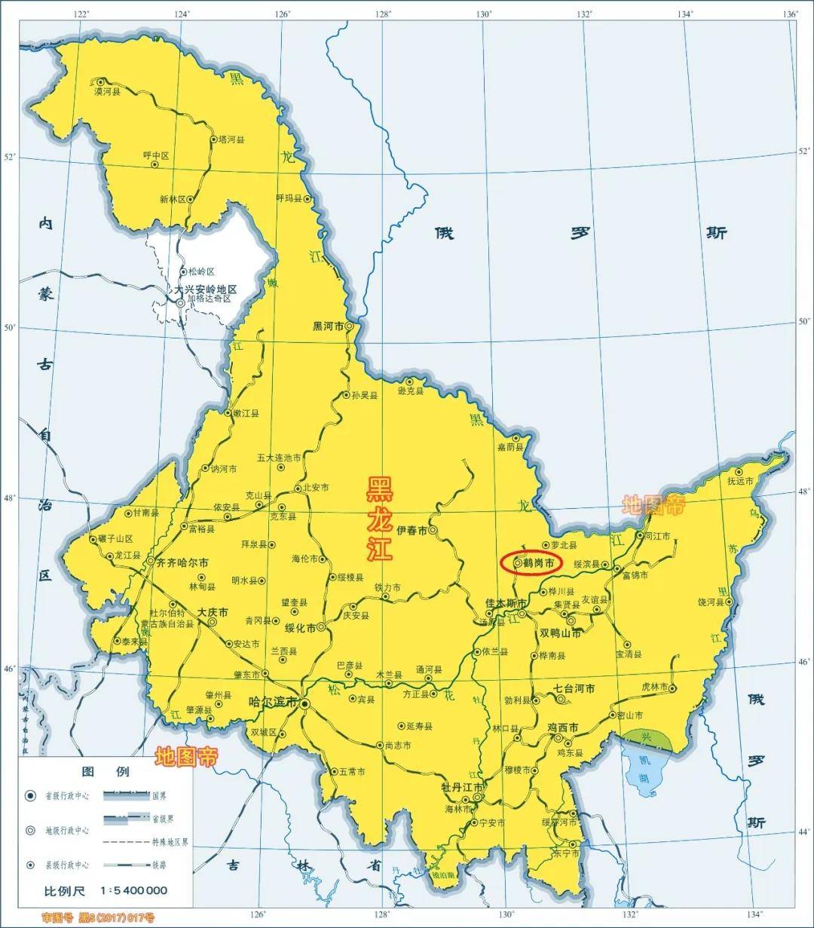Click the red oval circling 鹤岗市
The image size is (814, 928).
point(531,563)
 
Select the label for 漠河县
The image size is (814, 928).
point(107,91)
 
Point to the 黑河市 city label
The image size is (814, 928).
point(328,326)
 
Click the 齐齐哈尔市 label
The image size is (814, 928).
point(183,562)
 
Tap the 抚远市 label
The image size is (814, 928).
point(740,481)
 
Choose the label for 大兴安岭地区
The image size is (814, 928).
point(205,289)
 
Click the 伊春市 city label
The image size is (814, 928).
point(412,531)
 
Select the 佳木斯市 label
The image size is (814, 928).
point(505,603)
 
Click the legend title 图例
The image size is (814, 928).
point(106,771)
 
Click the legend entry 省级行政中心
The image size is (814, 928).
point(69,796)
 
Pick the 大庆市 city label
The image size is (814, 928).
point(213,611)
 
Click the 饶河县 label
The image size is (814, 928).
point(711,602)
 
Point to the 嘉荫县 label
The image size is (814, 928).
point(510,447)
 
